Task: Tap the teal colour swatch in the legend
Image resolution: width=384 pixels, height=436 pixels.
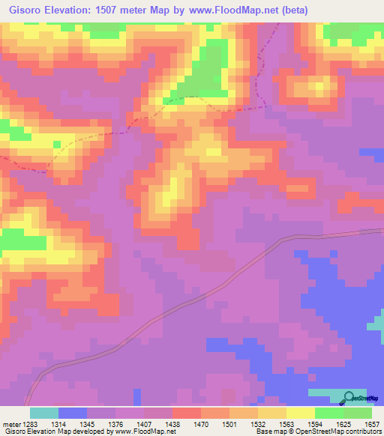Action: click(44, 413)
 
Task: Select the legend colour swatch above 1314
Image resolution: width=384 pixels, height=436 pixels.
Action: click(73, 413)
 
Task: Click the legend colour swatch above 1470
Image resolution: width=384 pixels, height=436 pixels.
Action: click(187, 413)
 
